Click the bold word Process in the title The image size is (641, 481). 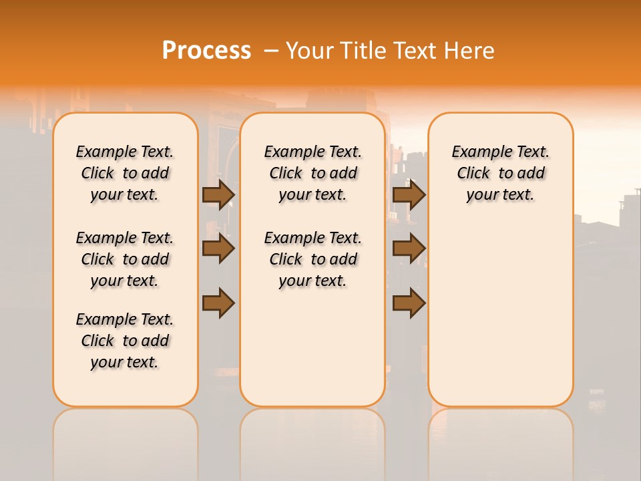click(206, 51)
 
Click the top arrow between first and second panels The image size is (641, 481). click(218, 195)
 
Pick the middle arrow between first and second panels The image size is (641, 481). click(218, 249)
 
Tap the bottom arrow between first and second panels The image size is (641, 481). click(218, 303)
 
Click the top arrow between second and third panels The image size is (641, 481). click(409, 195)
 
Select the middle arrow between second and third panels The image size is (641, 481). click(409, 249)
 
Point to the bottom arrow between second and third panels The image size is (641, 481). click(409, 303)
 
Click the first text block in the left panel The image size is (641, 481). click(125, 173)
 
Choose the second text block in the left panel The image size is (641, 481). click(125, 259)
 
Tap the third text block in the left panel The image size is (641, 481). click(125, 341)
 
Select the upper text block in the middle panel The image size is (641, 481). click(312, 173)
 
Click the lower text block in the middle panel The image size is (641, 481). click(312, 259)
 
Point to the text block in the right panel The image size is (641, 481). click(501, 173)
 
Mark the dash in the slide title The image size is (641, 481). click(270, 51)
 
